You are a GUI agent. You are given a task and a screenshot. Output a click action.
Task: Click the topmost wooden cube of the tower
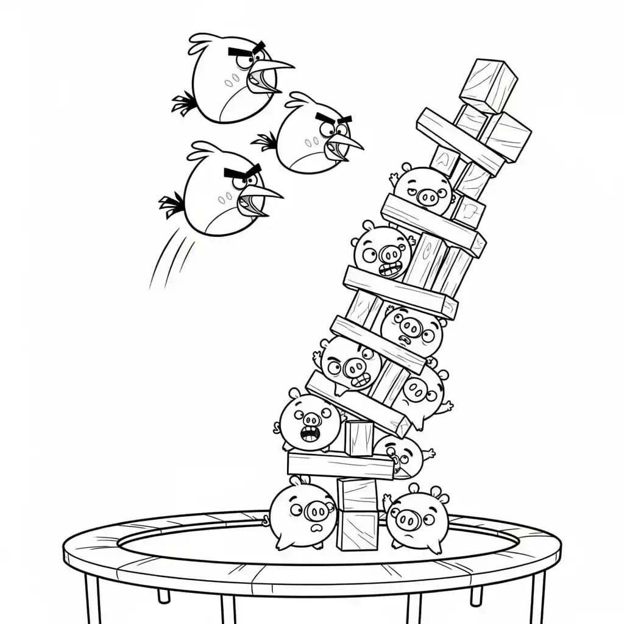pyautogui.click(x=487, y=85)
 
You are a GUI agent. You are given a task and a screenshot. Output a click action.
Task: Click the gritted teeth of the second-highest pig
pyautogui.click(x=391, y=269)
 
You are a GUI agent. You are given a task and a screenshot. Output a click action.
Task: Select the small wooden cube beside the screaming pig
pyautogui.click(x=358, y=438)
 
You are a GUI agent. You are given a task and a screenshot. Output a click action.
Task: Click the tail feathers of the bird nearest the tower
pyautogui.click(x=266, y=141)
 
